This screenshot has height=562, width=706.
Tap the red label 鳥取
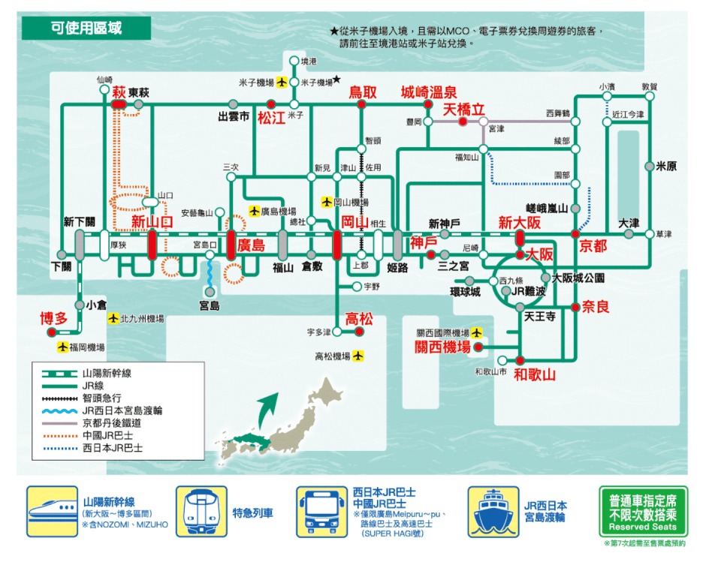[363, 92]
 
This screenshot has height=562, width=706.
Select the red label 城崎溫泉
[428, 92]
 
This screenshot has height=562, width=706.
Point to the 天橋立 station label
[464, 110]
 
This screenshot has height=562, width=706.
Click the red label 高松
[358, 318]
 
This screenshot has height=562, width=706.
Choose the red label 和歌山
[534, 374]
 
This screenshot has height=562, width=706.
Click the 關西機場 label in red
[442, 347]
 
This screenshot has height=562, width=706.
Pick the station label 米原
[666, 167]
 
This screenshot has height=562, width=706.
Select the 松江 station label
[272, 118]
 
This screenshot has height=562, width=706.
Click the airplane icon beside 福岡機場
[63, 347]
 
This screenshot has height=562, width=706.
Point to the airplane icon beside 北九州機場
[113, 319]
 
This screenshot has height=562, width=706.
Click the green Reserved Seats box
[642, 512]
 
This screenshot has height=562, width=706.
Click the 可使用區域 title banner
[86, 29]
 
